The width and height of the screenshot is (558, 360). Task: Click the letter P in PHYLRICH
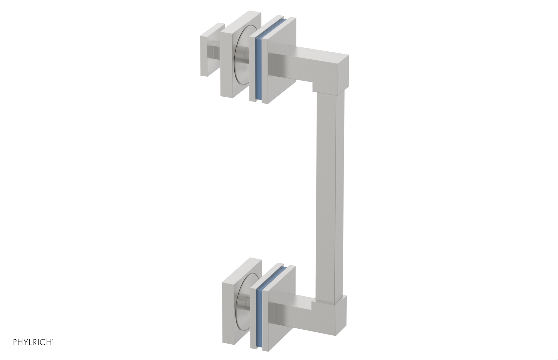[x=15, y=342]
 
